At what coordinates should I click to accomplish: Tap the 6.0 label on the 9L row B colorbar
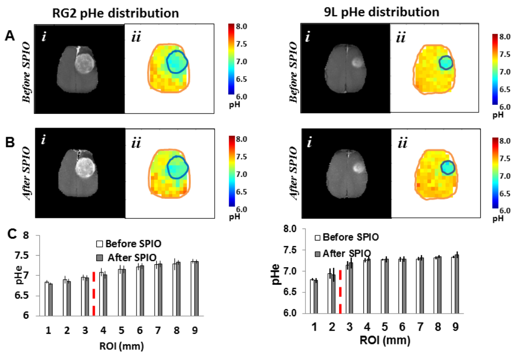click(x=498, y=210)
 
